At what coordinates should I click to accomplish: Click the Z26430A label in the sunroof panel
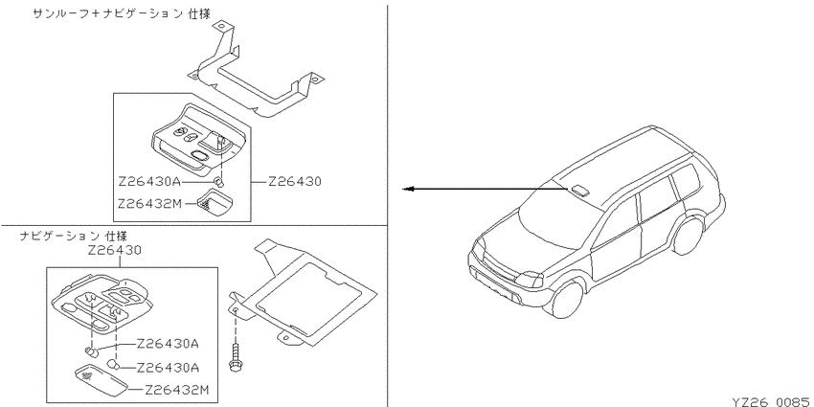coord(149,182)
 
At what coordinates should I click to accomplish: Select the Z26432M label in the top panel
coord(149,203)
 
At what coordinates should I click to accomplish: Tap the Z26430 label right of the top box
coord(295,182)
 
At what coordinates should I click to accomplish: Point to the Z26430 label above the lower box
coord(115,250)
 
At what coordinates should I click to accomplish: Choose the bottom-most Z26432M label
coord(176,390)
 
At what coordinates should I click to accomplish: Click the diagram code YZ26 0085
coord(772,401)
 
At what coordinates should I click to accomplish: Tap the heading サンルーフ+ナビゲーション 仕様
coord(122,14)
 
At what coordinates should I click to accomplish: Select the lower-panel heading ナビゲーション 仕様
coord(73,237)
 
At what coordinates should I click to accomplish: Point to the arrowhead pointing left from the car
coord(408,189)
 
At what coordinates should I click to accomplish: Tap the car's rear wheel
coord(689,237)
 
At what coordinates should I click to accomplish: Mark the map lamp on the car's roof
coord(580,189)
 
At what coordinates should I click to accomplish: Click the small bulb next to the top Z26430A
coord(219,182)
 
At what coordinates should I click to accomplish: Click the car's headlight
coord(530,280)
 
